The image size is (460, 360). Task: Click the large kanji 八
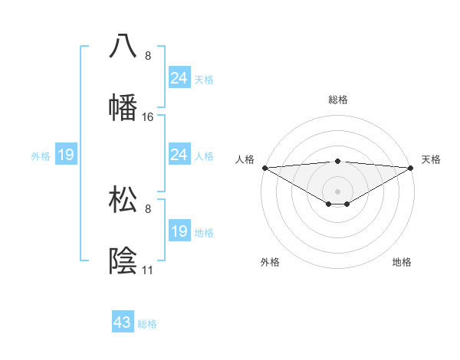point(123,46)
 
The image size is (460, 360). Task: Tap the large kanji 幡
point(123,107)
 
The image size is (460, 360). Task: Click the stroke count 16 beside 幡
point(148,117)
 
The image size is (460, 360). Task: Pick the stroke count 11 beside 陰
point(148,270)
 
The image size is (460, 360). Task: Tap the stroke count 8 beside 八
point(148,56)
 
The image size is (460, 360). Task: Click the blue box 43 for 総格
point(123,322)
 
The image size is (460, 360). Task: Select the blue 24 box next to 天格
point(179,78)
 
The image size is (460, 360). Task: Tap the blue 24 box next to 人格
point(179,155)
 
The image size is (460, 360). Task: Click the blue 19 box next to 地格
point(179,231)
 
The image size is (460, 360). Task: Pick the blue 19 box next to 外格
point(66,155)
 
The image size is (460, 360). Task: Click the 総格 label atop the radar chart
point(337,100)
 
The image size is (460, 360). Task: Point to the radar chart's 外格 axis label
point(270,262)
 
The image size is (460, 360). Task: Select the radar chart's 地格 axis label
point(402,262)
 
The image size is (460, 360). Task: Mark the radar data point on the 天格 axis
point(411,168)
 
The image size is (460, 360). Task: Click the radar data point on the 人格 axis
point(264,168)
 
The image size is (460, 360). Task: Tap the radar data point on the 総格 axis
point(337,161)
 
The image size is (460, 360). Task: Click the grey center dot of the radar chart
point(337,191)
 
